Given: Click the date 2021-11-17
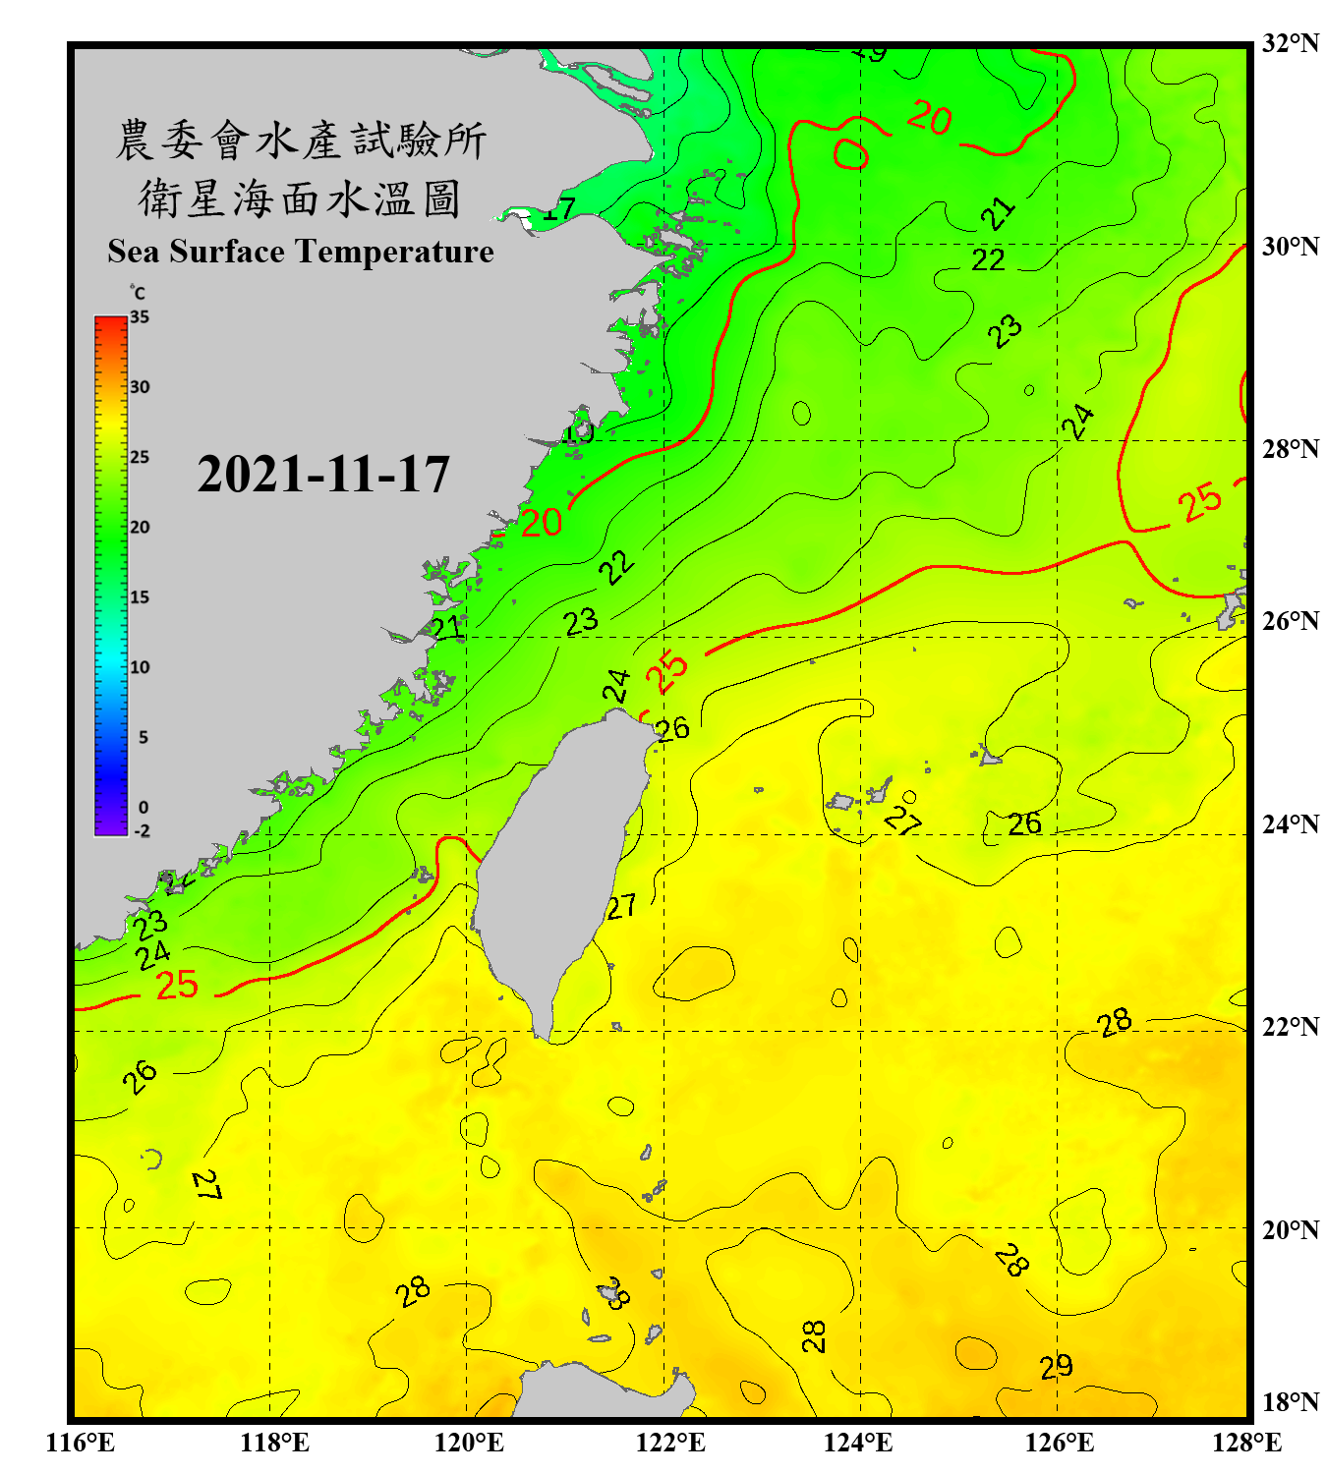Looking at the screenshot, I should tap(323, 475).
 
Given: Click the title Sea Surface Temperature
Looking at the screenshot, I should tap(301, 252).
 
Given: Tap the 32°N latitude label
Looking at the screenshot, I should tap(1290, 43).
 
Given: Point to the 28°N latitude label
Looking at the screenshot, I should tap(1290, 449).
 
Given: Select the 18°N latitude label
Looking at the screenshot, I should tap(1290, 1402).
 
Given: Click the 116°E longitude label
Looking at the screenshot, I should tap(81, 1443).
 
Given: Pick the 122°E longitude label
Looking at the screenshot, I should tap(671, 1443).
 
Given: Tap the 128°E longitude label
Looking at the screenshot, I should tap(1246, 1443).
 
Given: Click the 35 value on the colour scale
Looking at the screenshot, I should tap(140, 317).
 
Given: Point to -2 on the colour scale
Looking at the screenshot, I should tap(142, 830).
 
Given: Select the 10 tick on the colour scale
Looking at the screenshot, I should tap(140, 667).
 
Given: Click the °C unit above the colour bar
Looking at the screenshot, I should tap(138, 293).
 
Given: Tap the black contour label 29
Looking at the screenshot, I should tap(1056, 1367).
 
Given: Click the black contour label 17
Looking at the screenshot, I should tap(559, 209).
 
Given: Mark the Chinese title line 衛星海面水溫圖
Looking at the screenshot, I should tap(300, 198).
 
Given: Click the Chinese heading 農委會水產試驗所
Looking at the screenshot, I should tap(301, 140).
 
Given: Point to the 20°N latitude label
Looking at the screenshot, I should tap(1290, 1229).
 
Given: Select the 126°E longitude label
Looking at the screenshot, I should tap(1060, 1443).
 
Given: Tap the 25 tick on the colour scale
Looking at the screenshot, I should tap(140, 457).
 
